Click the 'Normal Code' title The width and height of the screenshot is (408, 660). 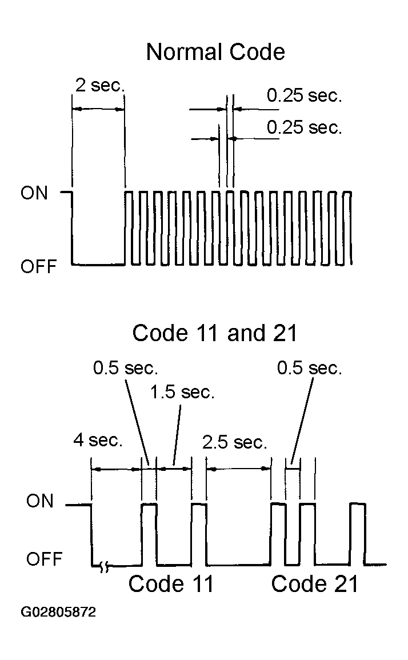(x=215, y=52)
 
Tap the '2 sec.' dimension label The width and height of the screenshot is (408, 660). (x=100, y=85)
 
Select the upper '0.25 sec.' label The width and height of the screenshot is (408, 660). (x=304, y=95)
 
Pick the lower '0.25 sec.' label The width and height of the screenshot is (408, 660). (x=304, y=127)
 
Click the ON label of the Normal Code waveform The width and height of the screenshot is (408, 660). (x=34, y=193)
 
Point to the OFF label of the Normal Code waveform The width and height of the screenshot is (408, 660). (x=38, y=266)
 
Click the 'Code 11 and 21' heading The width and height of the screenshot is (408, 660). (x=215, y=333)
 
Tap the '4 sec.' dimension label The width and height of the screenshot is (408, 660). (x=98, y=440)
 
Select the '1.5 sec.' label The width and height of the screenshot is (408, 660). (x=182, y=393)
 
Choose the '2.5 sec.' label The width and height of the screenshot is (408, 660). (x=234, y=442)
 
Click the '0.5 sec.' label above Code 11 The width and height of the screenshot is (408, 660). (x=126, y=368)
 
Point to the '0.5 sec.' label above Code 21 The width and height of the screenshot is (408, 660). (x=309, y=368)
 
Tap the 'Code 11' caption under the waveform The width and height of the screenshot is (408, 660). (x=171, y=584)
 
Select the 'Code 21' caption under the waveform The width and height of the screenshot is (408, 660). (x=314, y=584)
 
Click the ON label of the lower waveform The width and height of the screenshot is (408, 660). (x=39, y=501)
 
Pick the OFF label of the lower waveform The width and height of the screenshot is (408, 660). (x=44, y=559)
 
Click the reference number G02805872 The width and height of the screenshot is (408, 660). (x=58, y=611)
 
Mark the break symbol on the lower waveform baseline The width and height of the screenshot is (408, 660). (x=105, y=566)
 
